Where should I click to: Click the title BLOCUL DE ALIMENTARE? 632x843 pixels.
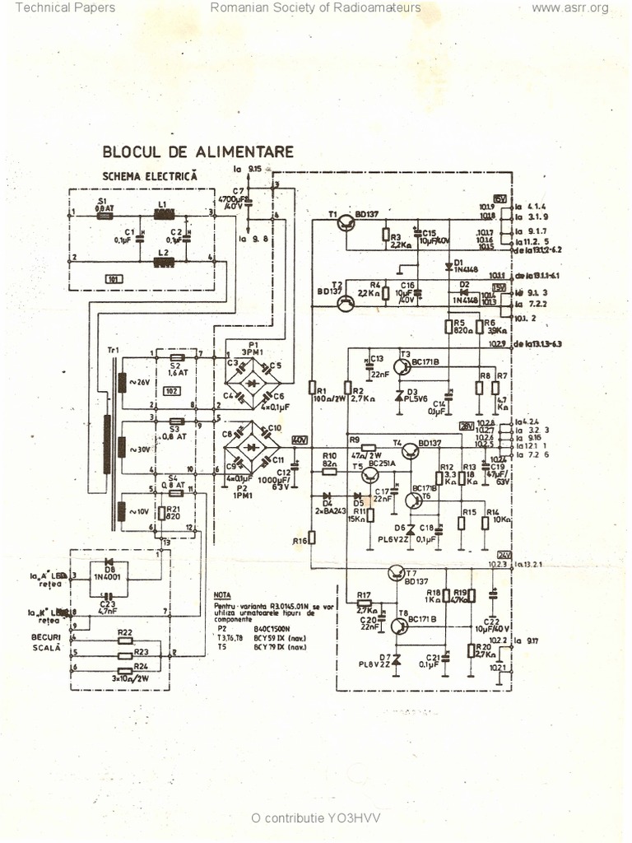pyautogui.click(x=197, y=151)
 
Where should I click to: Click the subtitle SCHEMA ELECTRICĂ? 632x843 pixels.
pyautogui.click(x=151, y=175)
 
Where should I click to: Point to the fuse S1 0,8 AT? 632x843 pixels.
pyautogui.click(x=105, y=206)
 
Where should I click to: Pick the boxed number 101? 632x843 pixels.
pyautogui.click(x=114, y=279)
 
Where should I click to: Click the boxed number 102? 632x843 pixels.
pyautogui.click(x=172, y=390)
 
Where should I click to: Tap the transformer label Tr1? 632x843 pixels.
pyautogui.click(x=113, y=350)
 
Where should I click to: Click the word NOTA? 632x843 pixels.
pyautogui.click(x=221, y=594)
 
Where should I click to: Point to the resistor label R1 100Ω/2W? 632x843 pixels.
pyautogui.click(x=320, y=397)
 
